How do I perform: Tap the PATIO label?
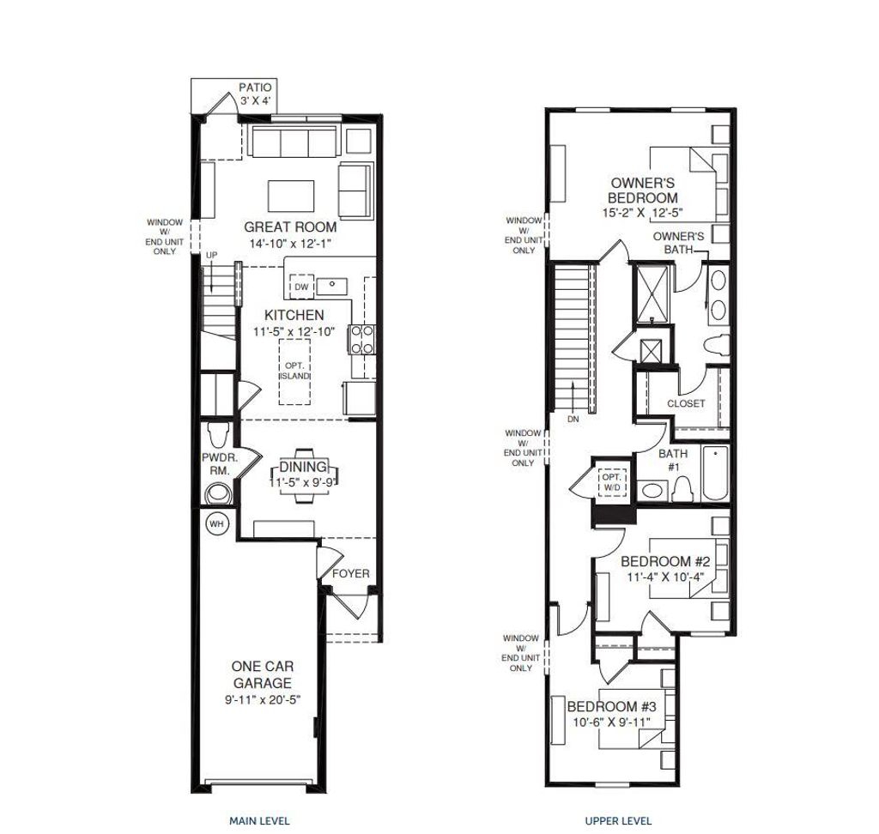point(255,88)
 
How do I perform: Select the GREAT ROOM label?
point(290,227)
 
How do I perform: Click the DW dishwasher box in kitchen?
point(301,287)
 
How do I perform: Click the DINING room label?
point(303,467)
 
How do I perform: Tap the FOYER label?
point(351,573)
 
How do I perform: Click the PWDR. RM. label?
point(219,464)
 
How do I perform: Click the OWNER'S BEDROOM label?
point(643,190)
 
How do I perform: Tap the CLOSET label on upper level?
point(686,403)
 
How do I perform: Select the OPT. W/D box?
point(611,482)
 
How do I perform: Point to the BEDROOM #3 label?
point(612,707)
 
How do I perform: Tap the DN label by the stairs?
point(573,420)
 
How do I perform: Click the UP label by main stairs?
point(211,257)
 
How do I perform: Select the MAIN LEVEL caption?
point(259,820)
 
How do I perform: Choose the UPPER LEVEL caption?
point(618,820)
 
